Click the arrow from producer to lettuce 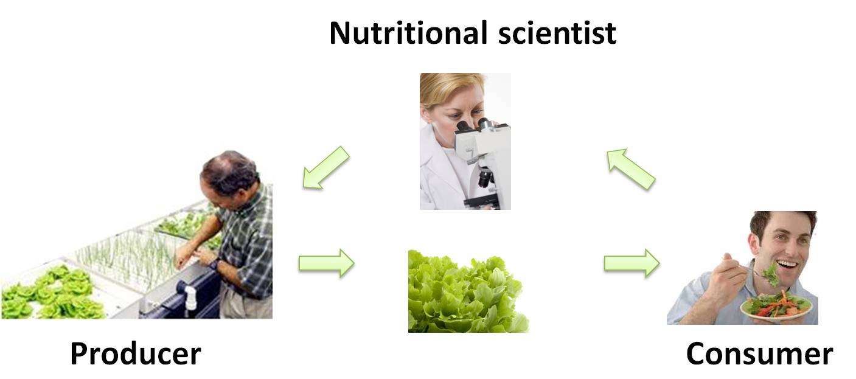pos(326,263)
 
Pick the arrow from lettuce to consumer pos(632,263)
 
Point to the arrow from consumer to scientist pos(631,169)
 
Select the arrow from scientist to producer pos(326,167)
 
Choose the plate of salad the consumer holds pos(776,305)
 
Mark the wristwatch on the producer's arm pos(214,264)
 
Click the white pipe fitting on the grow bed pos(190,297)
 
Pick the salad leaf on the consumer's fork pos(769,276)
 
